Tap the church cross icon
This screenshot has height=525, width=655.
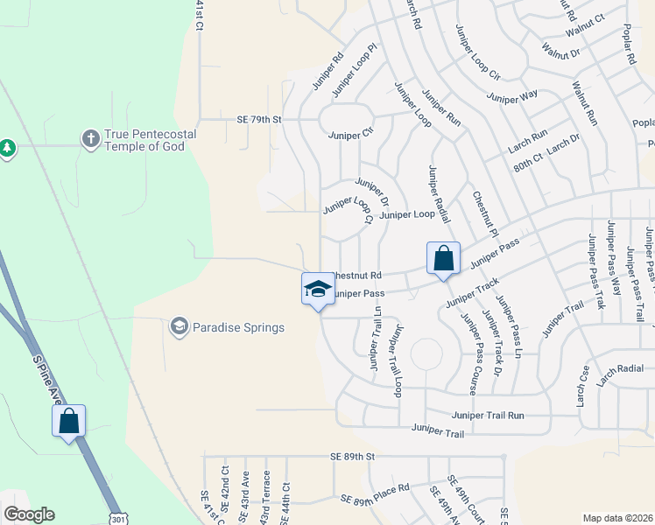(89, 138)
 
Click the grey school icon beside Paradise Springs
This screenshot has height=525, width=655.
(179, 327)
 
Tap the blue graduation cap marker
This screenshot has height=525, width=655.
(318, 290)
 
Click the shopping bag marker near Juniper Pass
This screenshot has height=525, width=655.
(443, 259)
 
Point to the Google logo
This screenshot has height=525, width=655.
(29, 514)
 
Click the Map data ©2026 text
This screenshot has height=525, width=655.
(618, 518)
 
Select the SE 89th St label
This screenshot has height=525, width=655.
(352, 457)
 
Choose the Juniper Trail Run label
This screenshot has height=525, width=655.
(487, 416)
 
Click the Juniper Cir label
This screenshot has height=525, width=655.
(350, 136)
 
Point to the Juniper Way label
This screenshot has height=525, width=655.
(511, 98)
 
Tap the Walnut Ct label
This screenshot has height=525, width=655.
(586, 18)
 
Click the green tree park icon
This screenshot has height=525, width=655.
(8, 148)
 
